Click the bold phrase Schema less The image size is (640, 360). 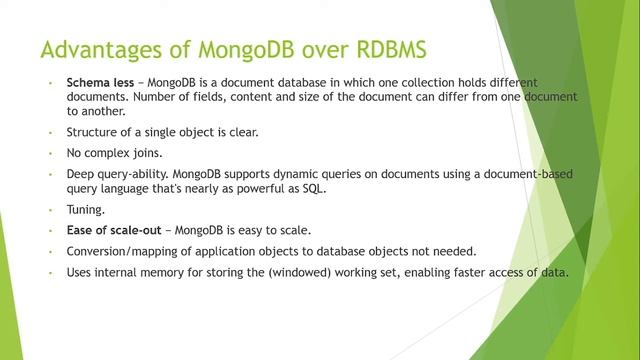point(100,82)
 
